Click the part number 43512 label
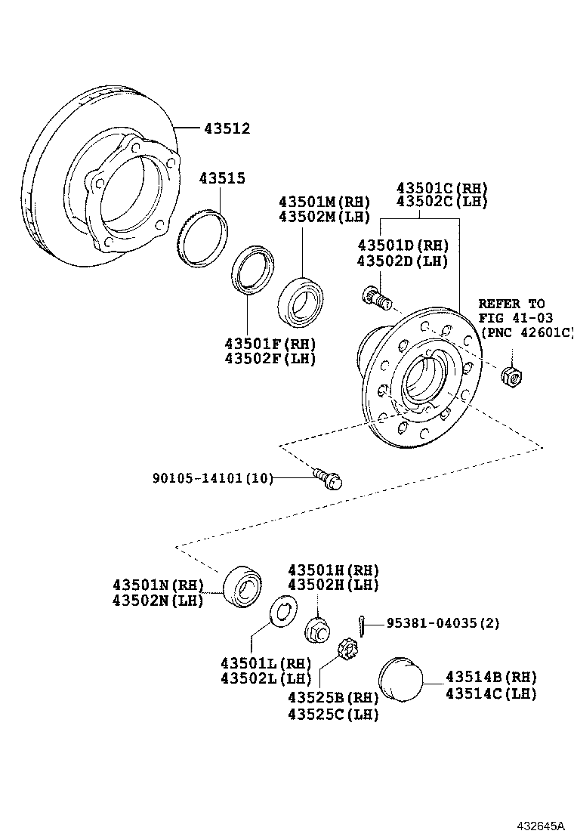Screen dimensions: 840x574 pyautogui.click(x=226, y=129)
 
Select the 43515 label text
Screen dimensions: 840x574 pyautogui.click(x=222, y=178)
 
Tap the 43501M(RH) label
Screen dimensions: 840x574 pyautogui.click(x=324, y=202)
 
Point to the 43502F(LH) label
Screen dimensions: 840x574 pyautogui.click(x=270, y=358)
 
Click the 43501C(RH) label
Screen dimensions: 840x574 pyautogui.click(x=443, y=188)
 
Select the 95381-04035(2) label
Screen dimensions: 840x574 pyautogui.click(x=443, y=623)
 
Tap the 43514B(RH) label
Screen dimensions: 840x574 pyautogui.click(x=491, y=677)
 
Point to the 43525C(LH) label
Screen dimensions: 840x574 pyautogui.click(x=333, y=714)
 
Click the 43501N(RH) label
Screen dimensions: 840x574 pyautogui.click(x=159, y=585)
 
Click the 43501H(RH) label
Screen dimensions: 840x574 pyautogui.click(x=333, y=570)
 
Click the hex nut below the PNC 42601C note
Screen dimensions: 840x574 pyautogui.click(x=514, y=372)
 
